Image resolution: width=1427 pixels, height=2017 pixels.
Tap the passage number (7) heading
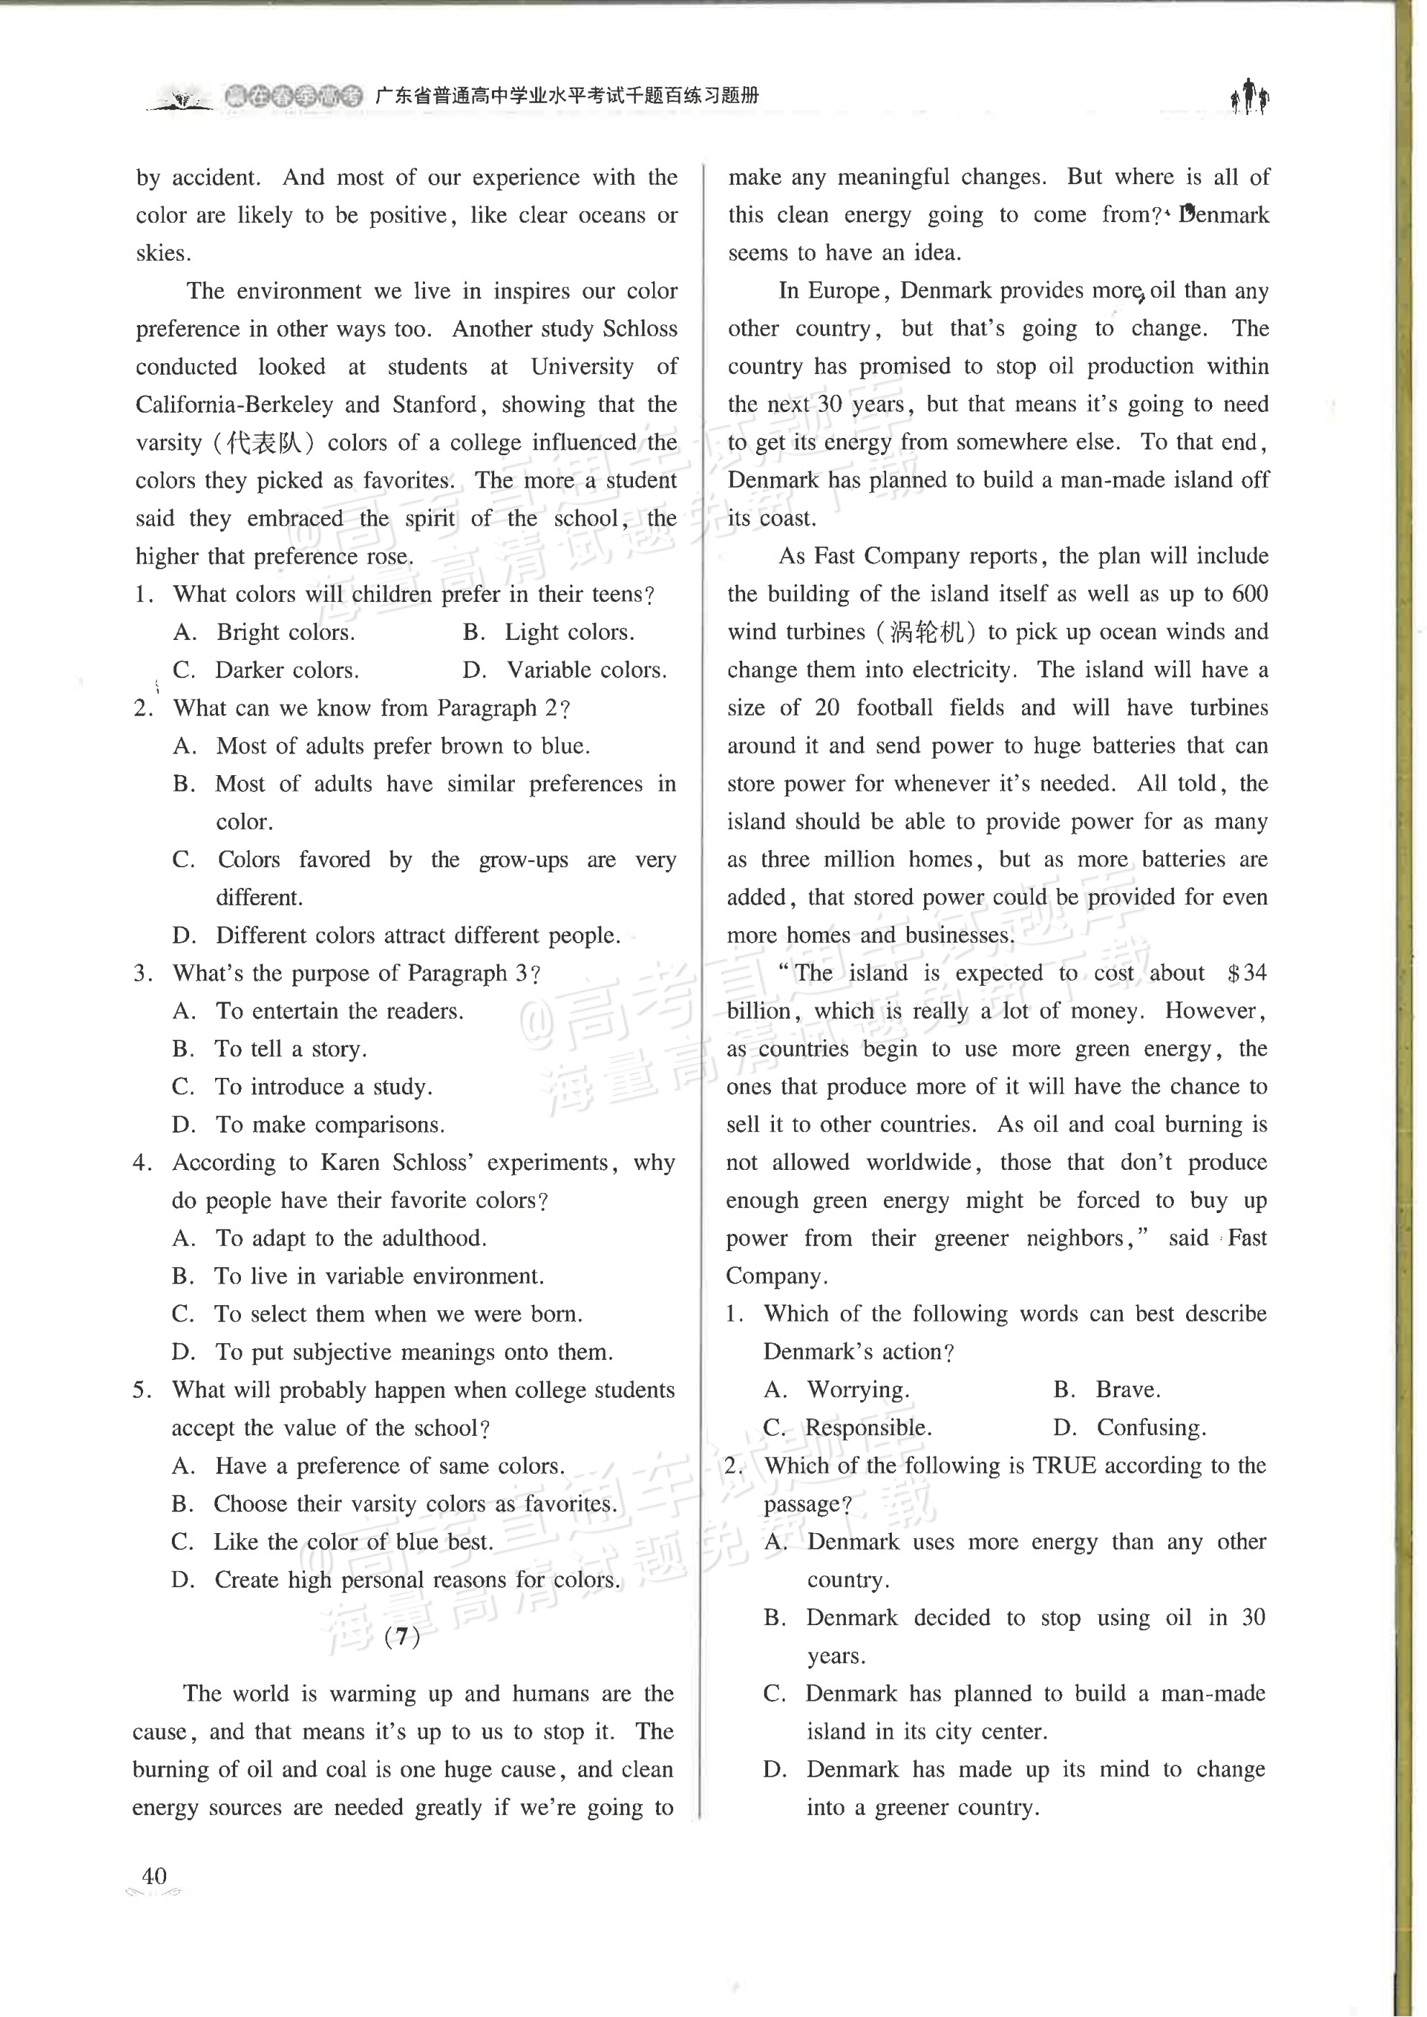[x=403, y=1636]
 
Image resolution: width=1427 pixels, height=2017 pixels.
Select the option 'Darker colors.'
[x=286, y=670]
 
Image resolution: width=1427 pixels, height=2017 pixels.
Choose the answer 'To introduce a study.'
[x=322, y=1087]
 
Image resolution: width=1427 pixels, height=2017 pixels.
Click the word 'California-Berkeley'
[x=234, y=404]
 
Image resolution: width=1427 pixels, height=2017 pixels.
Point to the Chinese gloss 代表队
[x=265, y=442]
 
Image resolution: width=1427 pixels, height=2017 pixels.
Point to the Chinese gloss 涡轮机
[x=926, y=631]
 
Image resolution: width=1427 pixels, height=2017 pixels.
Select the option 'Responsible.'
[x=868, y=1427]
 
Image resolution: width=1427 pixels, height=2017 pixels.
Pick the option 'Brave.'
[x=1127, y=1390]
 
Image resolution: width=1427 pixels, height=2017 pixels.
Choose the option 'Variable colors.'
[x=586, y=670]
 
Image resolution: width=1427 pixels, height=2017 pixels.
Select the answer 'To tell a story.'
[x=291, y=1049]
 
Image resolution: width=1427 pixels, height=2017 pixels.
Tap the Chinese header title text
[x=567, y=96]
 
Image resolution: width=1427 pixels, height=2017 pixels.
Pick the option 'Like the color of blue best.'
[x=352, y=1542]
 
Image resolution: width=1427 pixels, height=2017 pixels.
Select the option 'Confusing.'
[x=1151, y=1427]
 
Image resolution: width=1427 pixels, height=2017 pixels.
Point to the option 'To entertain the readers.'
[x=339, y=1011]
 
